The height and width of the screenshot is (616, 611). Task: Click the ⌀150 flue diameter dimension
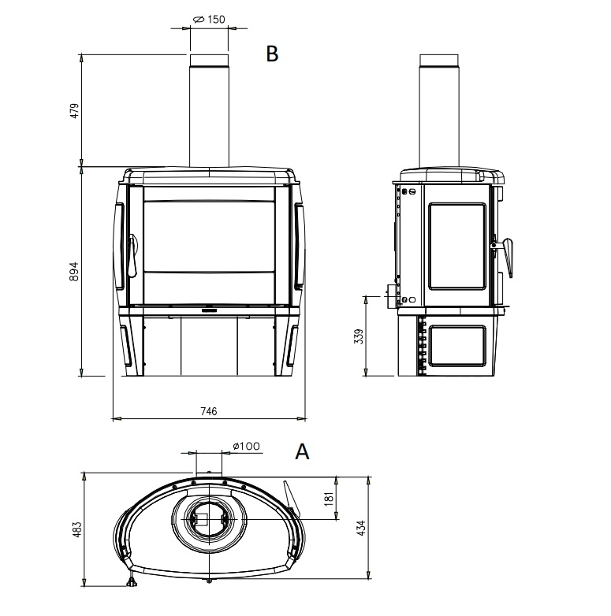coord(210,19)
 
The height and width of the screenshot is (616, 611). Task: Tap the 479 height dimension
coord(74,111)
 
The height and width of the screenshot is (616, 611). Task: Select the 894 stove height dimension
coord(74,272)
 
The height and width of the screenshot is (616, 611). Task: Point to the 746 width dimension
coord(209,411)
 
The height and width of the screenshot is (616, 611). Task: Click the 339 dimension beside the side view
coord(359,336)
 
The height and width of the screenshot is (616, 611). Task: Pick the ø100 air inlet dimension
coord(247,446)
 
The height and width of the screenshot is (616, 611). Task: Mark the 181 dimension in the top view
coord(330,498)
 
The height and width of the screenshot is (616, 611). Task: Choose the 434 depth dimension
coord(362,527)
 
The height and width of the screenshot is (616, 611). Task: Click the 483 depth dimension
coord(77,529)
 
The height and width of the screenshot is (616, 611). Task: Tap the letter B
coord(272,54)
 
